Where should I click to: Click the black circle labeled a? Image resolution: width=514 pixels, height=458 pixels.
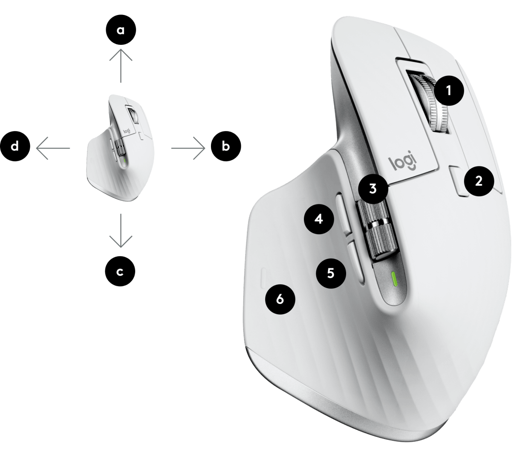(121, 30)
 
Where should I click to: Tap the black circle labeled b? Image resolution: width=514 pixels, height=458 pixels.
(226, 146)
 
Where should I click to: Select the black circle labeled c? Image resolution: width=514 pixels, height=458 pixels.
(120, 271)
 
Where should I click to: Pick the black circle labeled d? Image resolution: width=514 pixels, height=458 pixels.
(15, 146)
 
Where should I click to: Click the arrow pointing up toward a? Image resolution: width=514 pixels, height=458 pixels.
(121, 66)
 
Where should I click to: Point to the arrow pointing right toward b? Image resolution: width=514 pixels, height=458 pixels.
(188, 148)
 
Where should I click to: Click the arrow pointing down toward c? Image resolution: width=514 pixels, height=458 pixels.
(121, 230)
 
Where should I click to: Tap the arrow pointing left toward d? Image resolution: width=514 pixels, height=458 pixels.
(53, 148)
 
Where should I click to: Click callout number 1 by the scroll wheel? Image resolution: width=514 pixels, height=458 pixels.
(449, 90)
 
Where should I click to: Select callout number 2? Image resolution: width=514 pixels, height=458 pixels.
(479, 181)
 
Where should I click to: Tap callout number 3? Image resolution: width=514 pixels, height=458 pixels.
(373, 189)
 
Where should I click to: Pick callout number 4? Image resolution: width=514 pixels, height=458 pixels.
(319, 219)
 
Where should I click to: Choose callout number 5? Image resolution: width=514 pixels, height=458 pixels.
(331, 273)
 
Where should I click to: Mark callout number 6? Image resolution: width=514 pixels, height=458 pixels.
(280, 299)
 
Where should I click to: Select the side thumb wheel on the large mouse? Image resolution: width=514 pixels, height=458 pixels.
(377, 229)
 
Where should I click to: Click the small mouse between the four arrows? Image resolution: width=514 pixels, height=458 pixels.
(121, 148)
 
